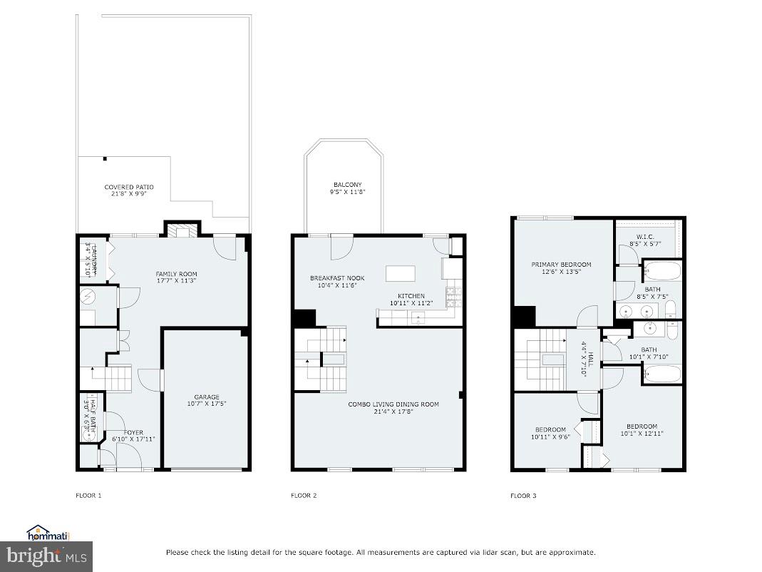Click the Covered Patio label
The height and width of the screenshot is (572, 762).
(128, 190)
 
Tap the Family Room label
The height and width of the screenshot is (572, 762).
(177, 277)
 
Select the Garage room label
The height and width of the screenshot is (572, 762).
(207, 400)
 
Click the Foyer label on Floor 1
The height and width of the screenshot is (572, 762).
(133, 436)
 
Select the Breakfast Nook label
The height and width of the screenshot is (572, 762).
(336, 282)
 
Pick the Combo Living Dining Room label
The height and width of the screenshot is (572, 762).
(393, 407)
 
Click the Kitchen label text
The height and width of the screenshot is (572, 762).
(411, 300)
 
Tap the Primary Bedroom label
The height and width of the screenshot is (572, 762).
(561, 268)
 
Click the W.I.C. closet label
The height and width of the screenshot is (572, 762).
(645, 240)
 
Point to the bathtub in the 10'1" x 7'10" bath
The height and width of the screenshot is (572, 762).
(662, 374)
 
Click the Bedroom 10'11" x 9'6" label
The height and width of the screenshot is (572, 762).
(550, 432)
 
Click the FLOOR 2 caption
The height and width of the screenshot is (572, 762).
(304, 496)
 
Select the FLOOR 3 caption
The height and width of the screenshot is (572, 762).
(523, 496)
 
